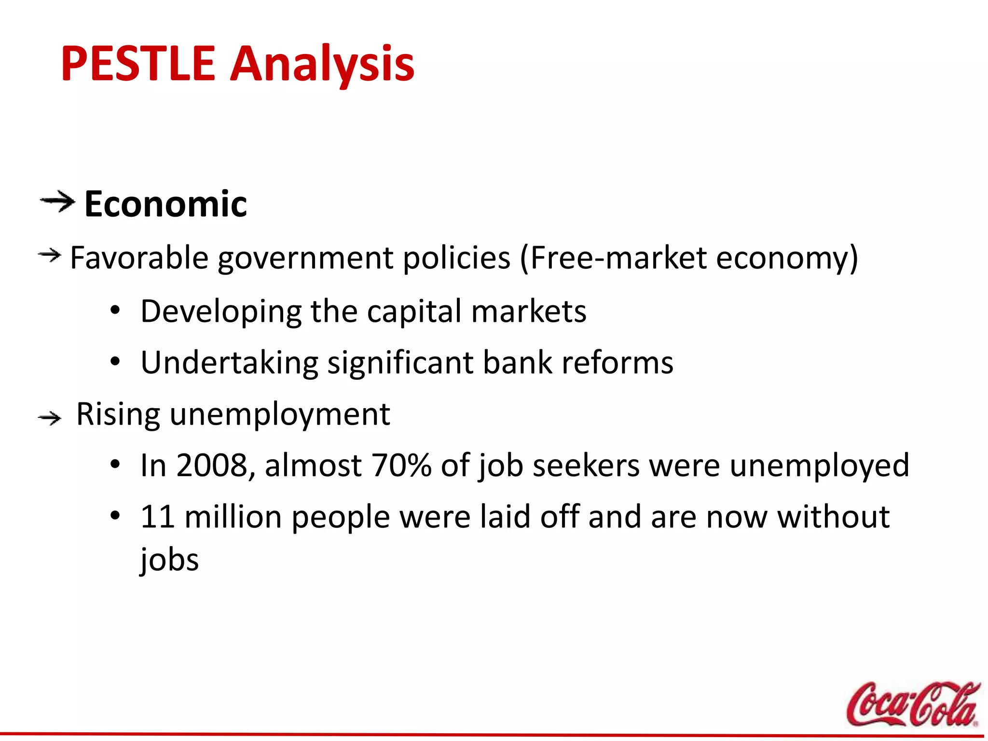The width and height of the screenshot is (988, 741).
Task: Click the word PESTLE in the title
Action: pyautogui.click(x=137, y=64)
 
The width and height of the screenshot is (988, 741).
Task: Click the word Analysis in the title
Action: pyautogui.click(x=322, y=64)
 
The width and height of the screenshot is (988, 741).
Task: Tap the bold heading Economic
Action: pyautogui.click(x=165, y=204)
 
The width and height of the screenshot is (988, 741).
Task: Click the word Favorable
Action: pyautogui.click(x=139, y=258)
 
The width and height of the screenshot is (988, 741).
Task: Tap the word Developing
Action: pyautogui.click(x=221, y=311)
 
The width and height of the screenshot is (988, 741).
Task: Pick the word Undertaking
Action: pyautogui.click(x=230, y=362)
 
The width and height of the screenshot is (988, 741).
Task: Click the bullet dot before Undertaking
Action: pyautogui.click(x=114, y=362)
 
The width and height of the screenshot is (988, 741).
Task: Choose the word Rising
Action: pyautogui.click(x=118, y=414)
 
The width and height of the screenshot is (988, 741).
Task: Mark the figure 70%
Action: pyautogui.click(x=401, y=466)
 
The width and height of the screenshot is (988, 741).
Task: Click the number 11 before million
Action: pyautogui.click(x=157, y=517)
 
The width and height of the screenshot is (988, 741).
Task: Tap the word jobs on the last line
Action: pyautogui.click(x=169, y=560)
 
